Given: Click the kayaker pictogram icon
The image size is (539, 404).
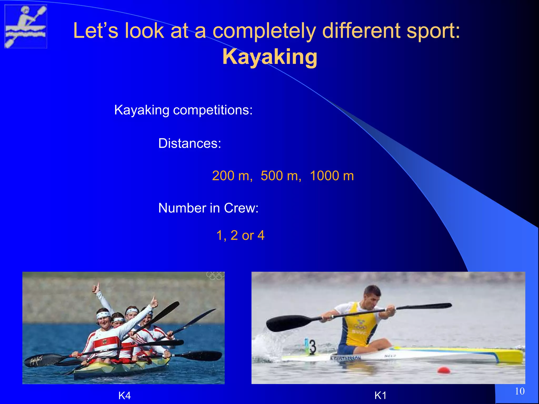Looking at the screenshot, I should point(26,26).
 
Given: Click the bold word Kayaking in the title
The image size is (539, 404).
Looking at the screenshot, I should point(270,57).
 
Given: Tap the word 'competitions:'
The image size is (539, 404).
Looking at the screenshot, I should point(213,110).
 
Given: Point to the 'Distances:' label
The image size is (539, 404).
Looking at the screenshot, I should point(189,143).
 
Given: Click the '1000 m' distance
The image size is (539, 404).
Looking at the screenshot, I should point(332,176).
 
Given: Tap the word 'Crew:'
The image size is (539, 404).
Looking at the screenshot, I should point(241,208).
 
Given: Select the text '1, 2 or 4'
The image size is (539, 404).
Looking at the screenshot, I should point(240,235).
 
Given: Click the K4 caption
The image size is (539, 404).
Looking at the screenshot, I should point(124,395).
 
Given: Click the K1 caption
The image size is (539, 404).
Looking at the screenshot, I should point(380,395).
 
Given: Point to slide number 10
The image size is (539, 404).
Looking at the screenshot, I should point(520,391).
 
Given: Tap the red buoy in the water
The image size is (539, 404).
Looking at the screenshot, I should point(444,370).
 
